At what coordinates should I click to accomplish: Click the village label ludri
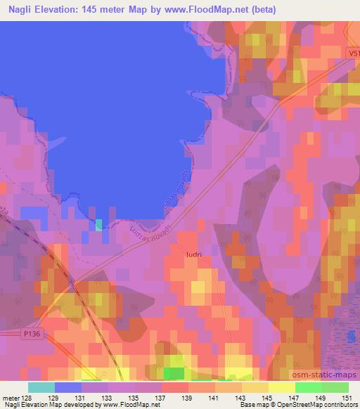click(x=194, y=254)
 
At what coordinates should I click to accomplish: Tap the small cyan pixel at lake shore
click(x=98, y=224)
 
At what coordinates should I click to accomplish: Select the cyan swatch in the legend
click(x=41, y=387)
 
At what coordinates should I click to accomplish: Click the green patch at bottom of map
click(x=174, y=372)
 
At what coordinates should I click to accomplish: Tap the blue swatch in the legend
click(x=68, y=387)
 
